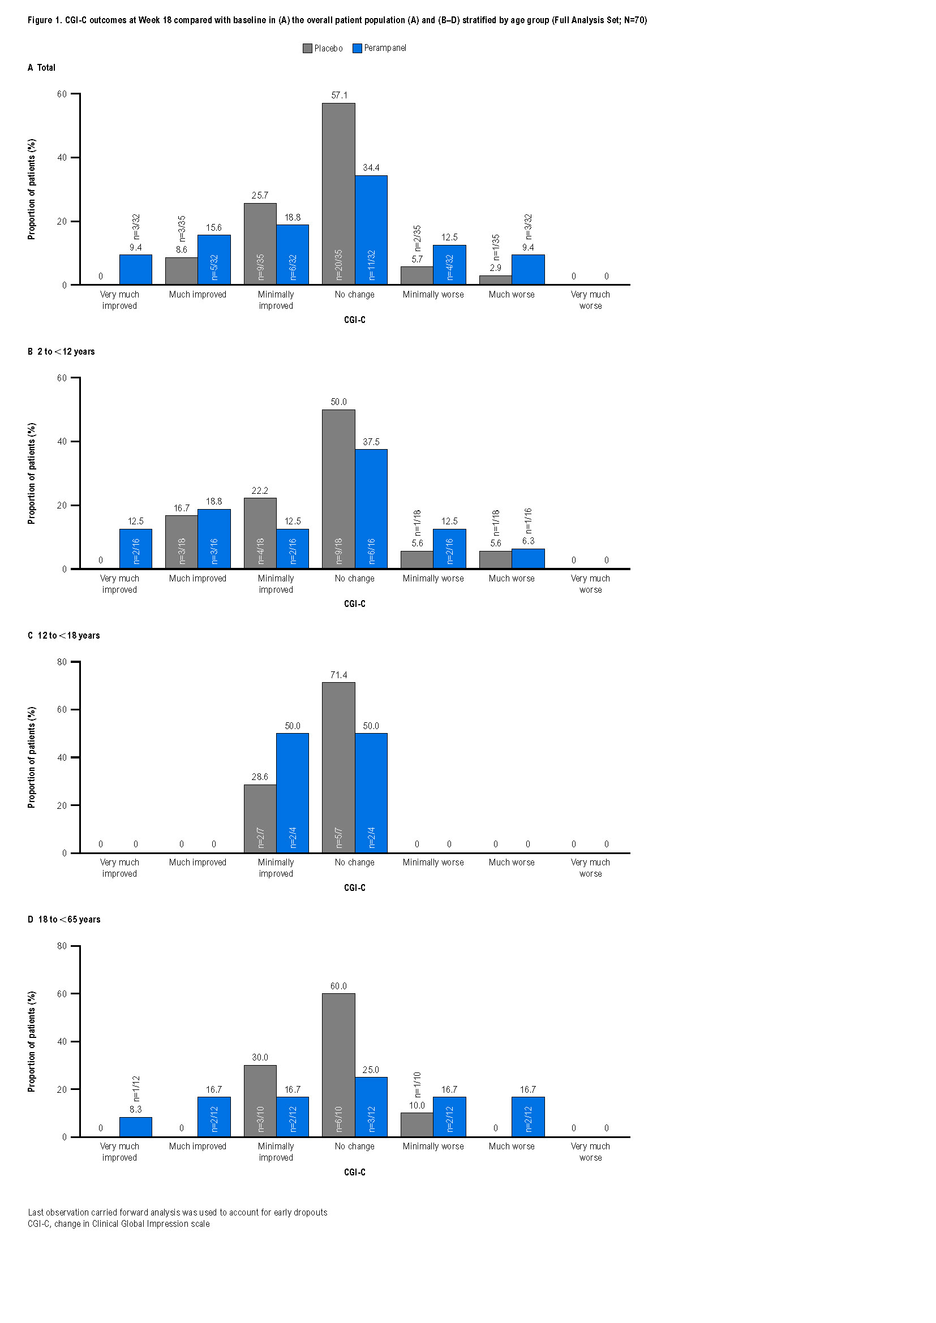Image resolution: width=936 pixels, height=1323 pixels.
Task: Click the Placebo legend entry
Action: (x=323, y=49)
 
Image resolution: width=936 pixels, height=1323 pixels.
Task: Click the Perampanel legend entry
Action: (x=379, y=49)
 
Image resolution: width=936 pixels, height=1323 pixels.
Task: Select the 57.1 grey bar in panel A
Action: (x=338, y=193)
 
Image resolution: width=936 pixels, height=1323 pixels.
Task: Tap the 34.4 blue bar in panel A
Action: (x=371, y=230)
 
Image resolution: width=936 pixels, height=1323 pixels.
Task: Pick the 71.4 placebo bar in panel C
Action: (x=338, y=768)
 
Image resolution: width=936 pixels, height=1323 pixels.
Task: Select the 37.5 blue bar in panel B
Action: (x=371, y=509)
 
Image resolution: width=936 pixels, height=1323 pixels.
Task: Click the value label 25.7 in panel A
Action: (x=260, y=196)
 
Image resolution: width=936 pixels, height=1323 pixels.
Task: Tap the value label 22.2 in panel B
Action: (x=260, y=491)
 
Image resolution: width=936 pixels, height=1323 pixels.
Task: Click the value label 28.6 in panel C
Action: (x=260, y=777)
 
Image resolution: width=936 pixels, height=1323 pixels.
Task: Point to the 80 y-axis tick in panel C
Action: (x=62, y=662)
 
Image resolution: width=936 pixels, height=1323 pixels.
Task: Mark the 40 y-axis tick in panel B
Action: (x=62, y=441)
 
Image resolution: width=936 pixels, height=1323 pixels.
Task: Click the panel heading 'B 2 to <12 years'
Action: (x=61, y=351)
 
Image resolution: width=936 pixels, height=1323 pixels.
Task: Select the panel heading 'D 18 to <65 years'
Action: (x=64, y=920)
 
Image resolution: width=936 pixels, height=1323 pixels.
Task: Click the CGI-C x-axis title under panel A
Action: (x=354, y=320)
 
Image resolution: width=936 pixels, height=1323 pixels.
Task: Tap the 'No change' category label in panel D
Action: (x=354, y=1147)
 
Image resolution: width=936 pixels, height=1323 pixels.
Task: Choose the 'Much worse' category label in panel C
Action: (x=511, y=863)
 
